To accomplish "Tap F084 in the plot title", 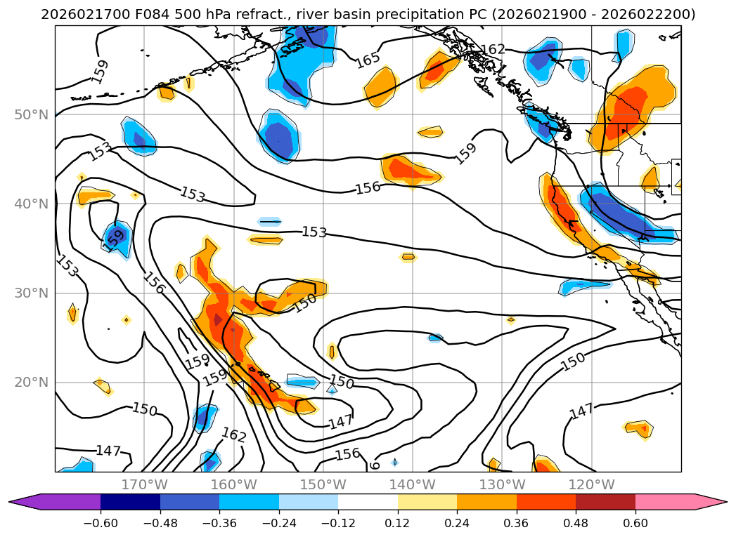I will [144, 15].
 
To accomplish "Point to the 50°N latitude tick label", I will [32, 114].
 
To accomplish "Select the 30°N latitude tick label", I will [32, 293].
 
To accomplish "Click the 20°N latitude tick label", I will [32, 383].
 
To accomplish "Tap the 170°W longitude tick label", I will [144, 484].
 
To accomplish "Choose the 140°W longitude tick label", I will [413, 484].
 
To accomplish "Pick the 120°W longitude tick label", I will [591, 484].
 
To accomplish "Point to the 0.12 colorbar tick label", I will [397, 523].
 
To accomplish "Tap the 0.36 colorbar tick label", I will [516, 523].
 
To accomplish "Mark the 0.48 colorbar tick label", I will [576, 523].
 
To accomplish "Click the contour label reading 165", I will [368, 60].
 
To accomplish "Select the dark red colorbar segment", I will [605, 502].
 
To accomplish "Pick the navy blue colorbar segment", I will [130, 502].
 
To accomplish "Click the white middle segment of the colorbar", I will [368, 502].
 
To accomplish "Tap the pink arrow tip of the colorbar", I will [710, 502].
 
